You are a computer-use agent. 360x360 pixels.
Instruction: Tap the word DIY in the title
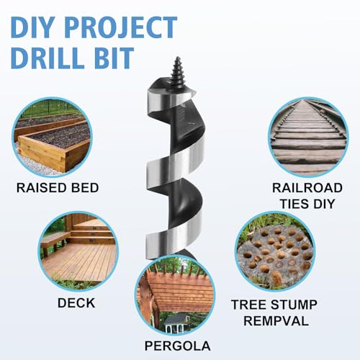point(32,27)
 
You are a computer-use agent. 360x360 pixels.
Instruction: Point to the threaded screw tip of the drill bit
point(178,71)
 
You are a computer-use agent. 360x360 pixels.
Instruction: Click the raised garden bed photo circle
point(52,138)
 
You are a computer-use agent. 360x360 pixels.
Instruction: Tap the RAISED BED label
point(58,188)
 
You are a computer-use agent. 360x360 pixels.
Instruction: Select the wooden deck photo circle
point(78,251)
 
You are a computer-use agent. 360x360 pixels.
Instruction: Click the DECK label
point(76,303)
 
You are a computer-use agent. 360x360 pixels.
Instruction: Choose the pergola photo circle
point(175,295)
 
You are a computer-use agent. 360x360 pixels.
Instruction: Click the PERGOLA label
point(178,346)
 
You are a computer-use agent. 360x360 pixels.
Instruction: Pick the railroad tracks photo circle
point(308,138)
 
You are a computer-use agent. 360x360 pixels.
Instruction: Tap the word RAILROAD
point(307,188)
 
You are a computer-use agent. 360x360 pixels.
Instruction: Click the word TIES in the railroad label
point(294,204)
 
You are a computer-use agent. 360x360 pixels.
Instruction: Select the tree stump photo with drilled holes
point(275,252)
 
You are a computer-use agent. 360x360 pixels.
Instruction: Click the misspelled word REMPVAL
point(276,321)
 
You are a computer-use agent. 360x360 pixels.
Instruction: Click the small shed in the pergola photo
point(177,323)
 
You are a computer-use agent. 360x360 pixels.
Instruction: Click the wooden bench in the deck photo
point(53,243)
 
